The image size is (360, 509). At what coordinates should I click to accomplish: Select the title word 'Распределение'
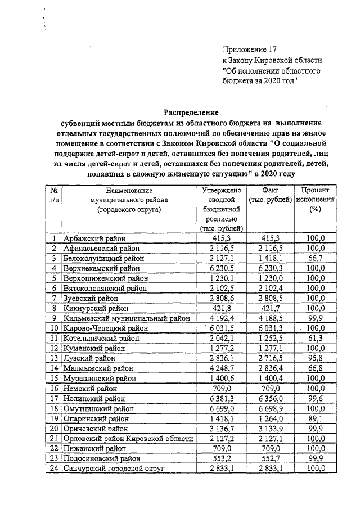click(190, 112)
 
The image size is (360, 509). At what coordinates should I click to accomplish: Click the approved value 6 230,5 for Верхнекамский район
click(221, 268)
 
